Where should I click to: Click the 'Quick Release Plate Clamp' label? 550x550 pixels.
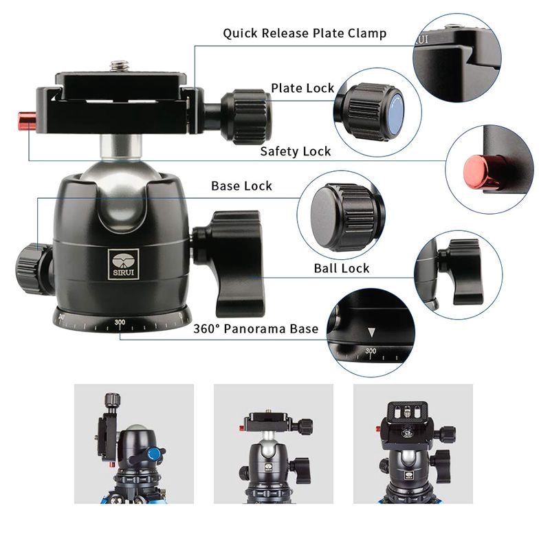click(x=304, y=33)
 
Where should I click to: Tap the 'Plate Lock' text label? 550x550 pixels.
click(x=302, y=88)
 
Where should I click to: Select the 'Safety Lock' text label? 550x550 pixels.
click(x=295, y=151)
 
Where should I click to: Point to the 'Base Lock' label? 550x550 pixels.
click(x=241, y=186)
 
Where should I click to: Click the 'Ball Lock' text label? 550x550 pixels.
click(x=342, y=268)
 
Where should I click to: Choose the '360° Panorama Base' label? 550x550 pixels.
click(x=265, y=329)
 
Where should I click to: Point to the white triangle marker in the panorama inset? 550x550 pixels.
click(x=371, y=333)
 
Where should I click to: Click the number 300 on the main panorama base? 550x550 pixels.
click(x=120, y=322)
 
